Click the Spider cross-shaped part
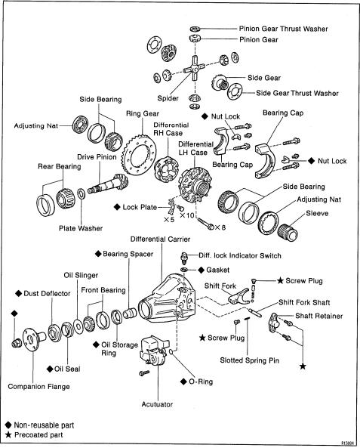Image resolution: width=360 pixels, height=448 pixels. (x=194, y=68)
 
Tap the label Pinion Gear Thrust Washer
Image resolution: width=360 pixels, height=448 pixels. (x=283, y=29)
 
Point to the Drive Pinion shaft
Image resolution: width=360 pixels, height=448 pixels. (x=108, y=184)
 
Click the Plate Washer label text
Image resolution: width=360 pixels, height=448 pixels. (x=81, y=228)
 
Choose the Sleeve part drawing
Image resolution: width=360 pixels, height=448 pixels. (x=288, y=232)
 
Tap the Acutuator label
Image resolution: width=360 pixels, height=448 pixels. (x=157, y=404)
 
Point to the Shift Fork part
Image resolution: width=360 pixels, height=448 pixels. (x=238, y=296)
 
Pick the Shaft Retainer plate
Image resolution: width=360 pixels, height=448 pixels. (x=273, y=323)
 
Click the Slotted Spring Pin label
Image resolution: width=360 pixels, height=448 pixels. (x=249, y=360)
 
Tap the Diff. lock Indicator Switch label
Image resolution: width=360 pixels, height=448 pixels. (x=240, y=255)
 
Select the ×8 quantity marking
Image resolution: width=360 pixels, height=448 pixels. (x=220, y=227)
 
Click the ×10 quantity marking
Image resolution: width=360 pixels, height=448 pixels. (x=187, y=215)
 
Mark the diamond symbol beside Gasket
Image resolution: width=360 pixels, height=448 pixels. (x=202, y=270)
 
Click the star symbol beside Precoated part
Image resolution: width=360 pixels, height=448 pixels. (x=8, y=435)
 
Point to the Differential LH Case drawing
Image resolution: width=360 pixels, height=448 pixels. (x=195, y=184)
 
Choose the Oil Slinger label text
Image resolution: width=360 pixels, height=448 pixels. (x=81, y=276)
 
